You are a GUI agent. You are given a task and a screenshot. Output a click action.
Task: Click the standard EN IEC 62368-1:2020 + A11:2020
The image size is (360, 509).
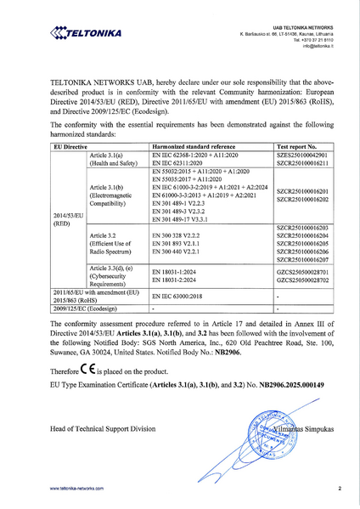[194, 155]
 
